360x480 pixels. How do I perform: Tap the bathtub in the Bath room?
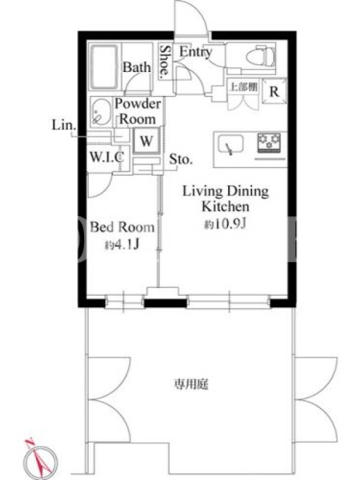104,67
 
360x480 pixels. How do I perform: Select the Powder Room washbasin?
101,112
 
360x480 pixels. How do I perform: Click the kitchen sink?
230,144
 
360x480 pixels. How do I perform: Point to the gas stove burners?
269,143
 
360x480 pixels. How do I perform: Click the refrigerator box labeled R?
274,91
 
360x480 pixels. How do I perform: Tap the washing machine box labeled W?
146,141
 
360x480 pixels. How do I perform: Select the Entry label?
196,52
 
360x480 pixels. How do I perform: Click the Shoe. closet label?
164,61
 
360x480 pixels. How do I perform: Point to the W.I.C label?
107,157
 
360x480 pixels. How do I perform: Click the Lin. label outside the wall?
64,125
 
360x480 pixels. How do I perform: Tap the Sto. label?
181,159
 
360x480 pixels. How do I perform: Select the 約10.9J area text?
225,224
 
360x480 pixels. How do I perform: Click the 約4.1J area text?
122,245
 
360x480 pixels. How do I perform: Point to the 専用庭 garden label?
191,384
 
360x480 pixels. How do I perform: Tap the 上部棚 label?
244,87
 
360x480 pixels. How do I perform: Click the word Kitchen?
226,206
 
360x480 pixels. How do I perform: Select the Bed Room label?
122,227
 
